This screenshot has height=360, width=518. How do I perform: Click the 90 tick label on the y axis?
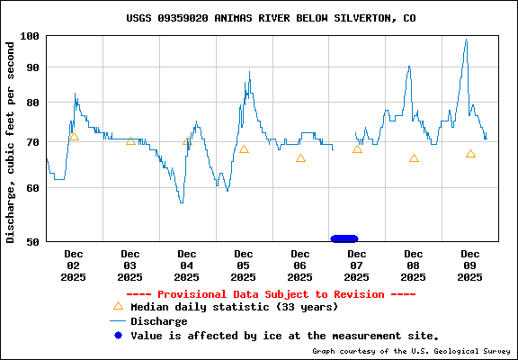[32, 68]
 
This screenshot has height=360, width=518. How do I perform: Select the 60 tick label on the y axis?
[32, 188]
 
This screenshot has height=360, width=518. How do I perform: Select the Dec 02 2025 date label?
[74, 265]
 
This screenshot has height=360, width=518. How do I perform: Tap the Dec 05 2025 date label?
[244, 265]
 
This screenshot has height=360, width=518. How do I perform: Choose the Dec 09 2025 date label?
[470, 265]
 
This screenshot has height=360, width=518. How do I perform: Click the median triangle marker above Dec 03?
[130, 141]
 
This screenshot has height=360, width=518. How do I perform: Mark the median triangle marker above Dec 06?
[300, 158]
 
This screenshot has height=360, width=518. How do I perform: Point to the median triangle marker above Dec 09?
[470, 154]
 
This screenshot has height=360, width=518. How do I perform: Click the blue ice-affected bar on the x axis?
[344, 238]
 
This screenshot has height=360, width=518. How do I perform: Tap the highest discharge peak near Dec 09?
[466, 40]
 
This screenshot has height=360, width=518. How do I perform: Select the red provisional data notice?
[271, 294]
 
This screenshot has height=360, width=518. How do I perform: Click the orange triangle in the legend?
[117, 306]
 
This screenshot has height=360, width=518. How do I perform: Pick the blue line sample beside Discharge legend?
[117, 321]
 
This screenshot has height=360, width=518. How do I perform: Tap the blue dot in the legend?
[117, 335]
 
